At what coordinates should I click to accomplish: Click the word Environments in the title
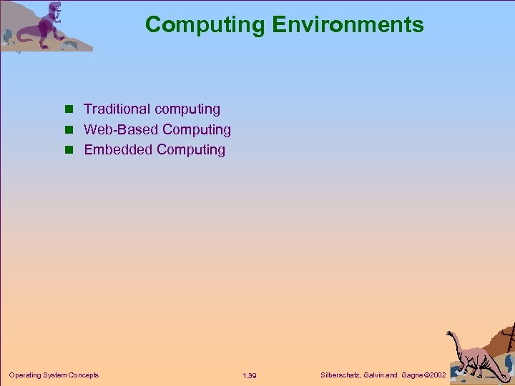[x=348, y=25]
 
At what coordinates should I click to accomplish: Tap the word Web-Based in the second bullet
[x=121, y=129]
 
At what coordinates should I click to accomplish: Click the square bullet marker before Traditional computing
[x=69, y=110]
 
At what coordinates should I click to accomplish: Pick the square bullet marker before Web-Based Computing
[x=69, y=130]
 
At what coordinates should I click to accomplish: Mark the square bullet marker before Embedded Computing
[x=69, y=150]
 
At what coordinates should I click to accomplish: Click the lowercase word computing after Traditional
[x=187, y=109]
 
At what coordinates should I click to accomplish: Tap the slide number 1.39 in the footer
[x=250, y=375]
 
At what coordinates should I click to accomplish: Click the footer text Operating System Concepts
[x=54, y=375]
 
